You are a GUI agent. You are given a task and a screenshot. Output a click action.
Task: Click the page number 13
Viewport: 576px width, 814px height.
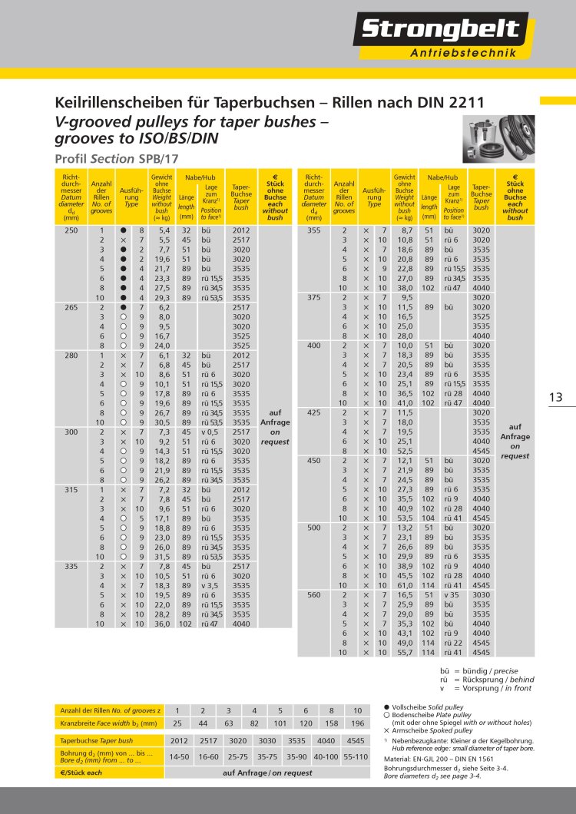pos(556,397)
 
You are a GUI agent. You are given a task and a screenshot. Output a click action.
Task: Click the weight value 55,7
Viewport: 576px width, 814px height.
pos(404,652)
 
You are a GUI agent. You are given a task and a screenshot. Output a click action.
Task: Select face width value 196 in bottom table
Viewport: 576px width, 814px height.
pos(357,723)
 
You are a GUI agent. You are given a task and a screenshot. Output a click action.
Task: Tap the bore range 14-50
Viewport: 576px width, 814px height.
pos(178,758)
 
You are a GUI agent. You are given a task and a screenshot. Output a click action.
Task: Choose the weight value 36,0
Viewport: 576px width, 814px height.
pos(163,625)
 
